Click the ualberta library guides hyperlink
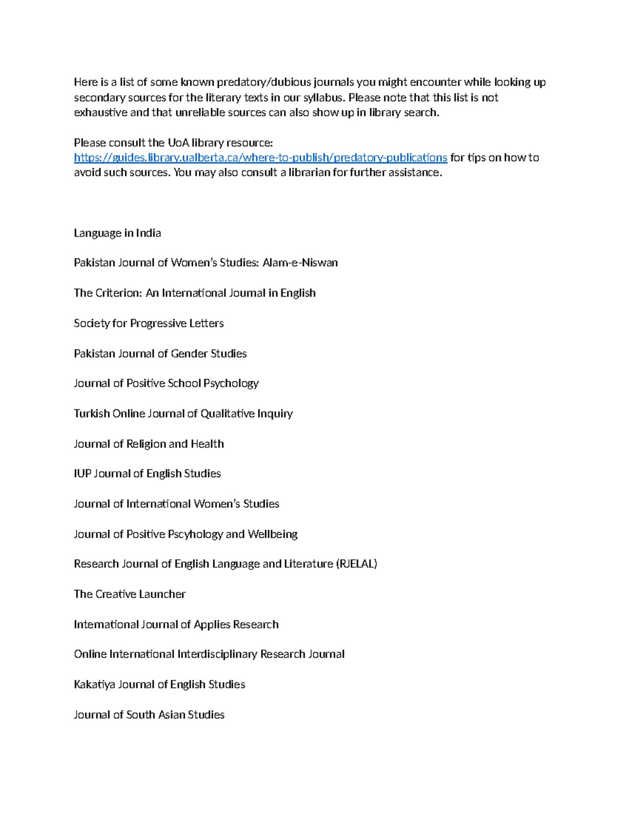click(x=261, y=158)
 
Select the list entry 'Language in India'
click(x=117, y=233)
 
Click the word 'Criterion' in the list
click(x=118, y=293)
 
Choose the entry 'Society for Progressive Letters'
click(x=149, y=323)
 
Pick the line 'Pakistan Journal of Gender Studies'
click(x=160, y=353)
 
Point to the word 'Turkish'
click(x=92, y=414)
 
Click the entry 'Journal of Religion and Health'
click(x=149, y=444)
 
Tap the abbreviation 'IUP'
click(x=82, y=474)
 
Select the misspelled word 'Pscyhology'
click(x=195, y=534)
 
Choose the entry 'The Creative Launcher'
click(x=129, y=594)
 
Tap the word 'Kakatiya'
click(x=94, y=685)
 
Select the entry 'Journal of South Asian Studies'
click(x=149, y=715)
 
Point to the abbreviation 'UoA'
click(x=178, y=143)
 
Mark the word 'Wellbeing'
click(x=273, y=534)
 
